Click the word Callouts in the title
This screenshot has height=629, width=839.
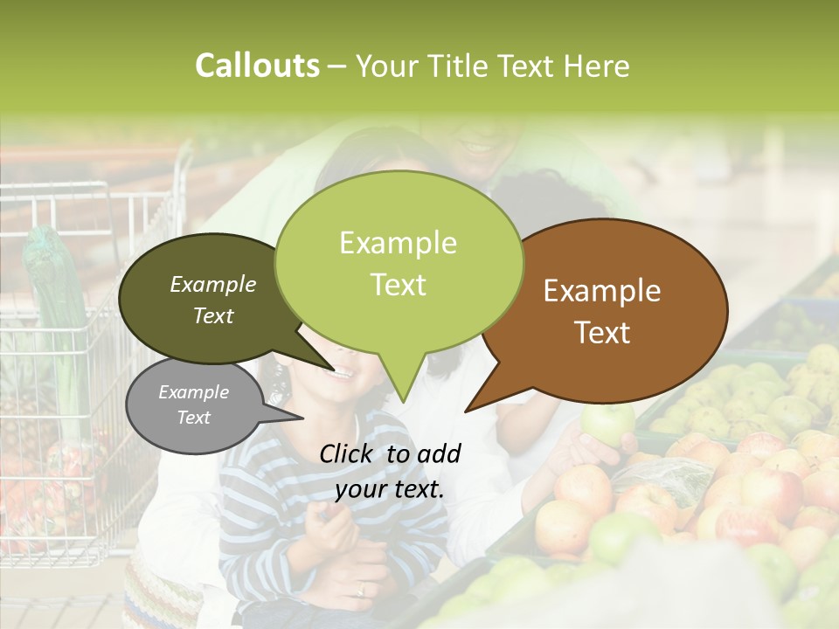tap(257, 66)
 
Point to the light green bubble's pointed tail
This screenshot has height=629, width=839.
tap(402, 384)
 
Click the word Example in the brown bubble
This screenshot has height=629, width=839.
tap(602, 291)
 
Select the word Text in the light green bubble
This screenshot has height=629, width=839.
tap(399, 285)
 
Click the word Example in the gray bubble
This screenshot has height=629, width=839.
tap(193, 392)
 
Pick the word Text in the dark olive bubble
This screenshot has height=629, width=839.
tap(213, 315)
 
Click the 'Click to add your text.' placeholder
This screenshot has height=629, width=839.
tap(390, 471)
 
